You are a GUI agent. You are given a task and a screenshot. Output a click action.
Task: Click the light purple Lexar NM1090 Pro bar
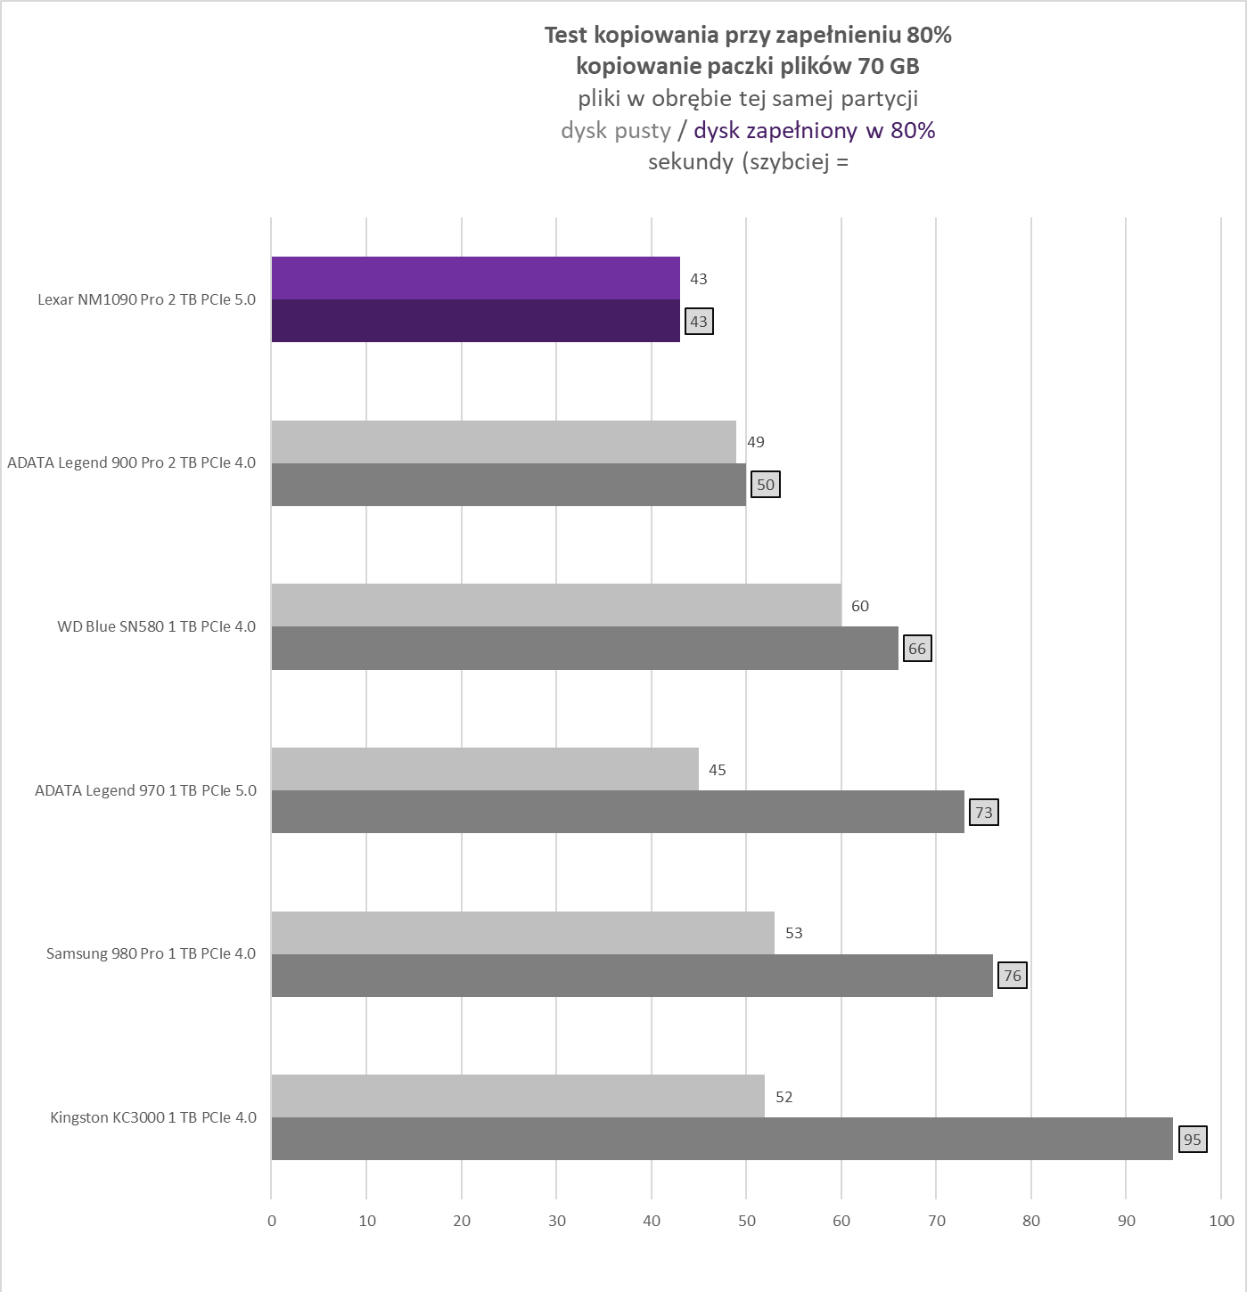[475, 278]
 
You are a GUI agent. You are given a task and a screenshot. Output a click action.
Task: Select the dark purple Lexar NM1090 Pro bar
[475, 321]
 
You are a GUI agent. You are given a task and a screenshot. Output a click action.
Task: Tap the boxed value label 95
[1193, 1140]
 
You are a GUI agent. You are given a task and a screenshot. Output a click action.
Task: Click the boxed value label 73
[983, 813]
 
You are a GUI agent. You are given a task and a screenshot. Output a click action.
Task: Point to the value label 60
[859, 606]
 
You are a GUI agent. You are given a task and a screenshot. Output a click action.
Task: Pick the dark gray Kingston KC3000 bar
[722, 1139]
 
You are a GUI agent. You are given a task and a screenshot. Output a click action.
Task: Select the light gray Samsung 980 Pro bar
[522, 933]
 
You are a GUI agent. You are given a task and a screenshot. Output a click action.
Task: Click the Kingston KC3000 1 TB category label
[152, 1117]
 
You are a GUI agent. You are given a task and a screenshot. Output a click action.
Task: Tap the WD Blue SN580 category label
[156, 626]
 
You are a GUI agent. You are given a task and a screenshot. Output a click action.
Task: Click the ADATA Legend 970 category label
[145, 790]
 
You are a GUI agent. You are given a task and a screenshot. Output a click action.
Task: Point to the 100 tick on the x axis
[1221, 1221]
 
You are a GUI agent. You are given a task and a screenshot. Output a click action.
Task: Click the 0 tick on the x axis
[272, 1221]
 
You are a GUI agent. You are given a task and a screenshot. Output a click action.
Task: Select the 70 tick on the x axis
[936, 1221]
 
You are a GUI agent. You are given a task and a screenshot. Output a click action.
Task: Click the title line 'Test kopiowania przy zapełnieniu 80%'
[748, 35]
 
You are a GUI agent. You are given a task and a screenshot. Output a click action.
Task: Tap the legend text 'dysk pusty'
[615, 131]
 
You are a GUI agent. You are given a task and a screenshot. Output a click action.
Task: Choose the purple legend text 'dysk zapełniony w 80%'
[814, 131]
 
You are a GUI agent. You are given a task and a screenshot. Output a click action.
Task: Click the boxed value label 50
[765, 485]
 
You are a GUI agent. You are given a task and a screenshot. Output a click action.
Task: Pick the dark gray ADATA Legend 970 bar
[618, 812]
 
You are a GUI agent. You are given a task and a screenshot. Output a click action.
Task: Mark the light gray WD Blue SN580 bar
[556, 605]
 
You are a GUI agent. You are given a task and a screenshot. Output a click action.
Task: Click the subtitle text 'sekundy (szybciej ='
[748, 162]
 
